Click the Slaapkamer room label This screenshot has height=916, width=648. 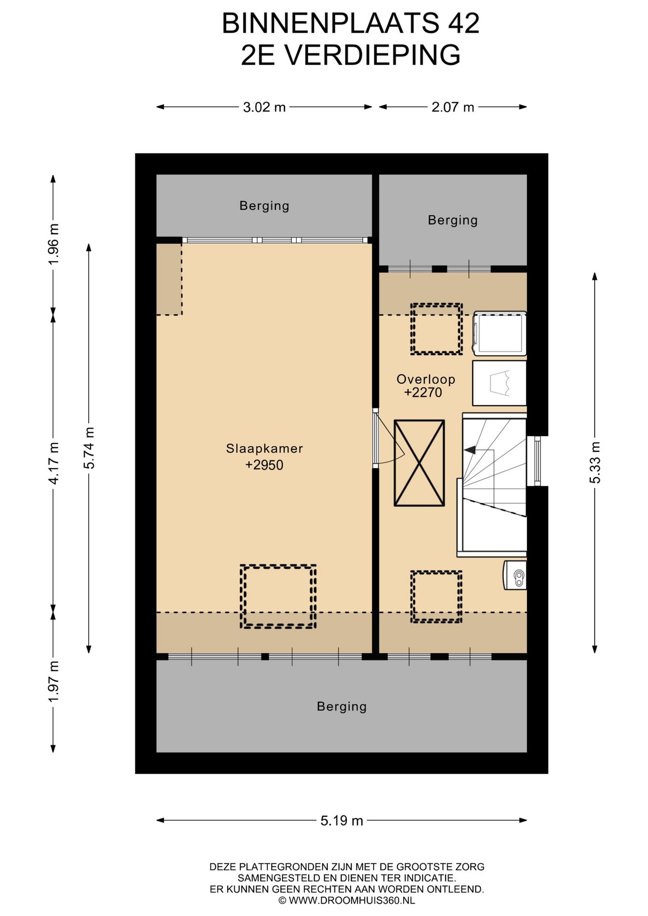coord(264,448)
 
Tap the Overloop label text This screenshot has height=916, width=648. coord(426,379)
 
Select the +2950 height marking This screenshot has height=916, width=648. coord(264,465)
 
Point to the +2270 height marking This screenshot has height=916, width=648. coord(423,393)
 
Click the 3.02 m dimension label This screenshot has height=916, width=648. coord(264,107)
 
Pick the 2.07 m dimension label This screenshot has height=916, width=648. coord(453,107)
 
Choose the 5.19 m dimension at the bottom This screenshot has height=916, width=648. coord(342,821)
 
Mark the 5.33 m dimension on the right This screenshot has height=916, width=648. coord(595,462)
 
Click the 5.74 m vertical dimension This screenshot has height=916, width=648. coord(89,448)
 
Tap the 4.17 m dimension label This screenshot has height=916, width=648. coord(53,463)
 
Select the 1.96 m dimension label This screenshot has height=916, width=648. coord(53,244)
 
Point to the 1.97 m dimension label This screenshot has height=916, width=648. coord(53,681)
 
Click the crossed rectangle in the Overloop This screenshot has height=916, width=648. coord(419,463)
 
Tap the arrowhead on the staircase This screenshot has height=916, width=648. coord(470,449)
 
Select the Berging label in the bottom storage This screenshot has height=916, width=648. coord(342,707)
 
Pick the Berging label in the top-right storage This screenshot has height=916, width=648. coord(453,220)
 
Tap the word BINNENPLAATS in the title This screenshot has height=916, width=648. coord(329,23)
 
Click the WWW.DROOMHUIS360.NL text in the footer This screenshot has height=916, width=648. coord(352,901)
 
